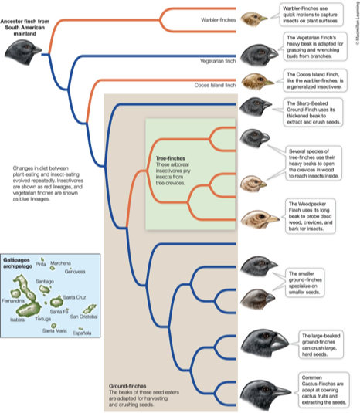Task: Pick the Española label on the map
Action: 82,333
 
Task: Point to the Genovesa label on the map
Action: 76,272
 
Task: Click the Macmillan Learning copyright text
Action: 355,24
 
